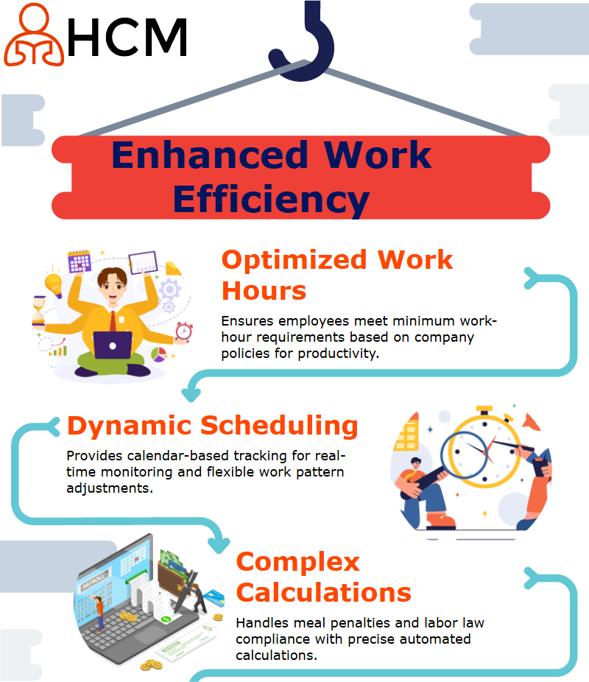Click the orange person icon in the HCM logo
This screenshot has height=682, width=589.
click(34, 35)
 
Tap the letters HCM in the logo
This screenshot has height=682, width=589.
click(127, 38)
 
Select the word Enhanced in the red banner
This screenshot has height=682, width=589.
click(210, 155)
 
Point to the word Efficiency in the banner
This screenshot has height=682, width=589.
click(271, 200)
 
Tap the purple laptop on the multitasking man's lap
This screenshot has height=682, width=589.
click(113, 345)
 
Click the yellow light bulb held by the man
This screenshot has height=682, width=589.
click(54, 284)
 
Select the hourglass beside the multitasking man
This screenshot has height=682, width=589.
click(39, 312)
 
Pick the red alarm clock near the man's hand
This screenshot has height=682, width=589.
click(184, 332)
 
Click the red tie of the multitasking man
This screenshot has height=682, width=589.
click(113, 321)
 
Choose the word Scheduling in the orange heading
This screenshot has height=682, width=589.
click(279, 426)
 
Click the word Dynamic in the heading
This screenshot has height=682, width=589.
click(129, 426)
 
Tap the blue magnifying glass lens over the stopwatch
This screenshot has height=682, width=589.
click(465, 454)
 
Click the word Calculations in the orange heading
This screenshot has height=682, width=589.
click(324, 592)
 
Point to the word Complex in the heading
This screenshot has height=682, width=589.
click(298, 563)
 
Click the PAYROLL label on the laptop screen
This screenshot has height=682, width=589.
click(93, 581)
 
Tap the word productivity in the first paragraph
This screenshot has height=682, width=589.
click(338, 354)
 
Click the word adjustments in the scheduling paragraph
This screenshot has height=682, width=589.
click(110, 488)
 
